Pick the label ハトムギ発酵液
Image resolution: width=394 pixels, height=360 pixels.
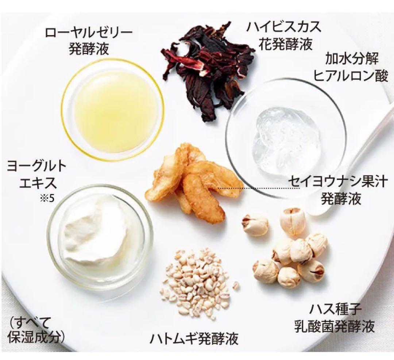pos(194,339)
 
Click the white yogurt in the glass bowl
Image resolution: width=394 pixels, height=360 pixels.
pos(95,230)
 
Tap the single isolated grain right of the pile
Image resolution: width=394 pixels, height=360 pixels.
pos(236,285)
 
